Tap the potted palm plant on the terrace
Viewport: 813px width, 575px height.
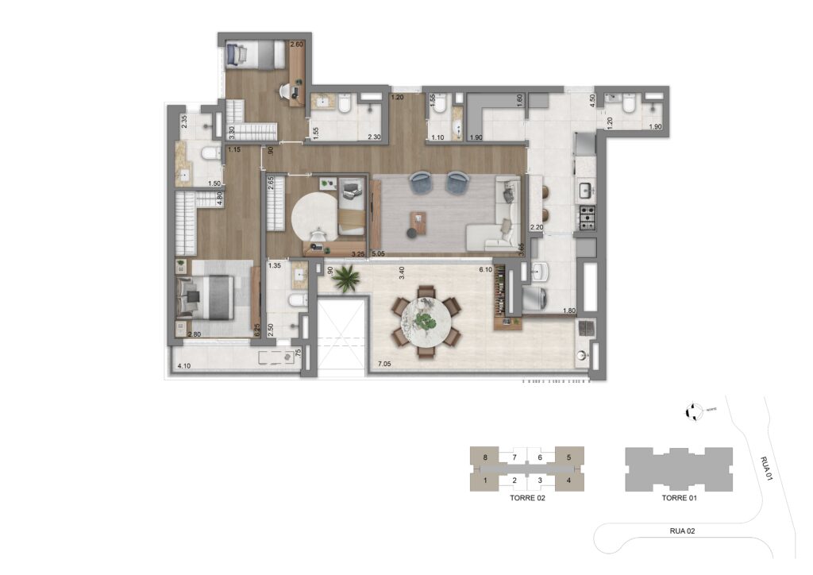(345, 278)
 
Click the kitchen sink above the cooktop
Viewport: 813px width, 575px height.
(587, 191)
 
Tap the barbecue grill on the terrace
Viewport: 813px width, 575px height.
(585, 329)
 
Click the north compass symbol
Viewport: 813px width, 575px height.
(693, 411)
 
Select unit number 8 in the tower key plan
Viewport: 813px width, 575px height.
(484, 458)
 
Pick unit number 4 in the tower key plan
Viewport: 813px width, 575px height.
(568, 480)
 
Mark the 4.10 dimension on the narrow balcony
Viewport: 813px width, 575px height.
(184, 366)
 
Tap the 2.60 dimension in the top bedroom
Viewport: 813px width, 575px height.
(296, 44)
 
